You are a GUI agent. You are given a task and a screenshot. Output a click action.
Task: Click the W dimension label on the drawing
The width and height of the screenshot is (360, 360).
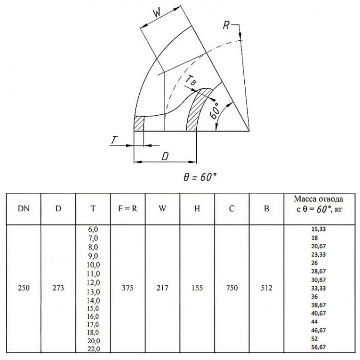[x=157, y=13]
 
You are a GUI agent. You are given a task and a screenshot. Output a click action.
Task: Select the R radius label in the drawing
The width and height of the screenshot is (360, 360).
[x=226, y=25]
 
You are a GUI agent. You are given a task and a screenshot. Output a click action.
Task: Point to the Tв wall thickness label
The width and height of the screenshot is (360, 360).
[x=191, y=80]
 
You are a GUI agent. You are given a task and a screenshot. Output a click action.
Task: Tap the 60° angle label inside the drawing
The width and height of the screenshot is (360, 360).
[x=214, y=111]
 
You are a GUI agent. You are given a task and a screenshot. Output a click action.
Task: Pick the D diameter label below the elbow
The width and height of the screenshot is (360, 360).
[x=165, y=156]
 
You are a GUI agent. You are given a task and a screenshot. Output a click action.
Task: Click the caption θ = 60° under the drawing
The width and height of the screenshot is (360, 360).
[x=200, y=177]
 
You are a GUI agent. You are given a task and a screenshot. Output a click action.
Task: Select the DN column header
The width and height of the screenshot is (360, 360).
[x=24, y=208]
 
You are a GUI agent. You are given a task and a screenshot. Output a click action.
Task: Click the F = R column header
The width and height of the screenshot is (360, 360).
[x=128, y=208]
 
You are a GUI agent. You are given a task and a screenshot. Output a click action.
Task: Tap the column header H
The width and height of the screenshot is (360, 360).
[x=197, y=208]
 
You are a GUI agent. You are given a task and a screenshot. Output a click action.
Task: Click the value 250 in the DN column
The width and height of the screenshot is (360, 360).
[x=24, y=288]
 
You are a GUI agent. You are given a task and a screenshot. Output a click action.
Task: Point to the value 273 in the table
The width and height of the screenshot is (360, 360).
[x=58, y=288]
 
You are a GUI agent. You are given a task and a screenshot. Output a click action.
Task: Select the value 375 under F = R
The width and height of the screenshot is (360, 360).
[x=128, y=288]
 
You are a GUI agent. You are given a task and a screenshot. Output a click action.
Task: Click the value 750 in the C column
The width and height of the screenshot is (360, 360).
[x=232, y=288]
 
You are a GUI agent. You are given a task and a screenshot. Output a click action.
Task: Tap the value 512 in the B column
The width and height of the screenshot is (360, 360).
[x=266, y=288]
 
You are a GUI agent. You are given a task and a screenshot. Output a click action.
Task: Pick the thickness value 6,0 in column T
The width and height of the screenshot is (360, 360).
[x=93, y=229]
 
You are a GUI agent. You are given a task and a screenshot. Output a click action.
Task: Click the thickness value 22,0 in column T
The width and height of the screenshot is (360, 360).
[x=94, y=349]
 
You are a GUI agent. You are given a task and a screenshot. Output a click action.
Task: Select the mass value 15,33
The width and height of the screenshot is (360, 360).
[x=318, y=229]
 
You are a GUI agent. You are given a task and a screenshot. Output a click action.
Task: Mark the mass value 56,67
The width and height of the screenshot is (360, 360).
[x=318, y=347]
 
